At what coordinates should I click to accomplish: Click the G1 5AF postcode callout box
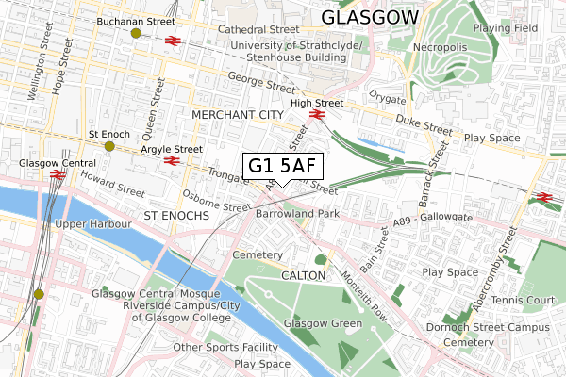coord(284,167)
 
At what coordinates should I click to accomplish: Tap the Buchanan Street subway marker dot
coord(137,33)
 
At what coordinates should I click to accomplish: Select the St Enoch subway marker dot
coord(109,146)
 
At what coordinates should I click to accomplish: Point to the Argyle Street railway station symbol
coord(172,161)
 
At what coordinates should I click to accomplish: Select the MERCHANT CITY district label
coord(237,114)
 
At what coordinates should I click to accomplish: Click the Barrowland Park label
coord(297,214)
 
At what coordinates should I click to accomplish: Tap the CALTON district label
coord(304,275)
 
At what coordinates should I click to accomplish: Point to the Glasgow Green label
coord(324,323)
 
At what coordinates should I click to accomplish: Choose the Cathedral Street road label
coord(258,30)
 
